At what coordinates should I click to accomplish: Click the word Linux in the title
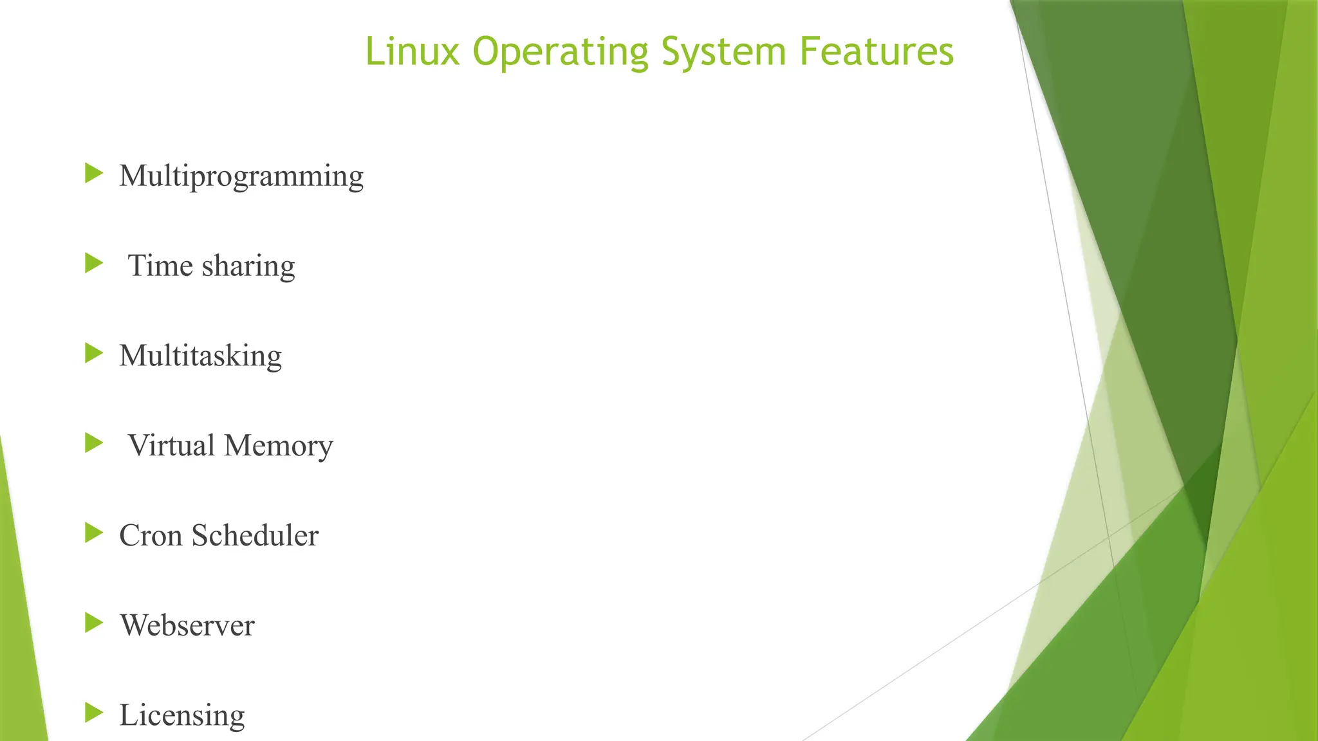pyautogui.click(x=413, y=51)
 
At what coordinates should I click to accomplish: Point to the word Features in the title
pyautogui.click(x=877, y=51)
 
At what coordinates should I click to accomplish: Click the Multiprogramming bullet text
pyautogui.click(x=241, y=176)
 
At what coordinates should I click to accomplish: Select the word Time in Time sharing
pyautogui.click(x=160, y=265)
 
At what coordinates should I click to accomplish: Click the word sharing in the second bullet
pyautogui.click(x=248, y=266)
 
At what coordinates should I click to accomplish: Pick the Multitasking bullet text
pyautogui.click(x=201, y=356)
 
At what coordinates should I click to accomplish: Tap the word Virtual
pyautogui.click(x=171, y=445)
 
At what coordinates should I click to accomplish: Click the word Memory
pyautogui.click(x=279, y=446)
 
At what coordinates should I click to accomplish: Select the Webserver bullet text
pyautogui.click(x=187, y=625)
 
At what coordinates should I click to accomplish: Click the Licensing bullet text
pyautogui.click(x=182, y=715)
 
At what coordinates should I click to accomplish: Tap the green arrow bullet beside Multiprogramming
pyautogui.click(x=94, y=173)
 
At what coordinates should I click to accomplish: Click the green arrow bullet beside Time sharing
pyautogui.click(x=94, y=263)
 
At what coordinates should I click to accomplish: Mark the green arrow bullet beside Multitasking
pyautogui.click(x=94, y=353)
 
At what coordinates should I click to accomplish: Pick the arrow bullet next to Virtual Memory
pyautogui.click(x=94, y=443)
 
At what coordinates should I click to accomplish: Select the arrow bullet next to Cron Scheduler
pyautogui.click(x=94, y=533)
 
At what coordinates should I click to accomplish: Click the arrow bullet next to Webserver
pyautogui.click(x=94, y=623)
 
